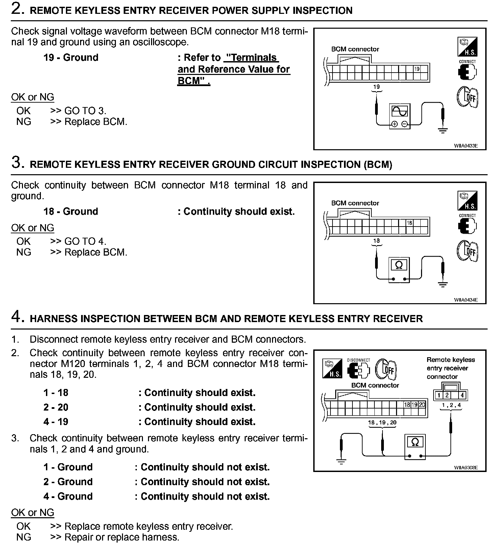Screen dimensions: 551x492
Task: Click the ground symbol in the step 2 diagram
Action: [x=443, y=130]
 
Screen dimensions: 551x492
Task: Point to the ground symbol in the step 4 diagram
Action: [x=341, y=461]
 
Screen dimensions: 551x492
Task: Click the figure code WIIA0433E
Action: [x=466, y=146]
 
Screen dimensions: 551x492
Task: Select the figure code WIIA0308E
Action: [x=466, y=468]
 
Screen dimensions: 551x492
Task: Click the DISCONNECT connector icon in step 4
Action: [x=358, y=369]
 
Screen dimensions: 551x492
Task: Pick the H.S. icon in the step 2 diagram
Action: [x=467, y=47]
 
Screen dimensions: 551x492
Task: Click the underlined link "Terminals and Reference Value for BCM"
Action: [x=233, y=69]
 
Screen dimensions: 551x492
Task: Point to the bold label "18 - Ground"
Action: [x=71, y=212]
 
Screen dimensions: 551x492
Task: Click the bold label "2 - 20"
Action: [x=56, y=408]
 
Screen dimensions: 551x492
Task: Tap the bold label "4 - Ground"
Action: [x=68, y=496]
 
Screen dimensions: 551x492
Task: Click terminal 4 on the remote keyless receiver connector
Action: [x=462, y=395]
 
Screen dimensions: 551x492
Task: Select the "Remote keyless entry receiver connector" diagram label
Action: [x=450, y=368]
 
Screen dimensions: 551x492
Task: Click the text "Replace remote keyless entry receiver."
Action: [x=149, y=526]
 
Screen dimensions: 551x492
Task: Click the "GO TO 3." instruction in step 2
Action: [x=85, y=111]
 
